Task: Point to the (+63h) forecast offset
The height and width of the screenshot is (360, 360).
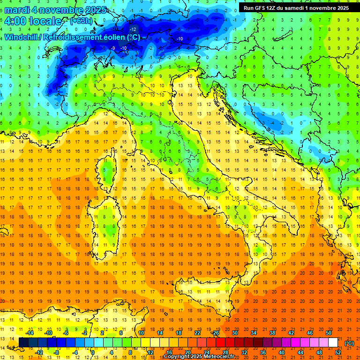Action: (x=81, y=21)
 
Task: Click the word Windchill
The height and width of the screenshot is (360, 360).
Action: (x=22, y=37)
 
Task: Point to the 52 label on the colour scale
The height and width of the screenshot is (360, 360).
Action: (x=338, y=352)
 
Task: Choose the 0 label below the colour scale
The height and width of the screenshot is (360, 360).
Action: (x=93, y=352)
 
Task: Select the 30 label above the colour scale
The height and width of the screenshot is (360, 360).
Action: (x=234, y=332)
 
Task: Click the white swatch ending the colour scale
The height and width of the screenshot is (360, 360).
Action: (x=333, y=343)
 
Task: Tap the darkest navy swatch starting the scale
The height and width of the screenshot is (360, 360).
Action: (x=23, y=343)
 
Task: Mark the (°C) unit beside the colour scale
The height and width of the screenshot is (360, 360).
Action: (x=349, y=343)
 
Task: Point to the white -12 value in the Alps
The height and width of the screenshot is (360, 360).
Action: (x=133, y=29)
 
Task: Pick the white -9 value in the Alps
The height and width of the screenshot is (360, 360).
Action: (x=113, y=48)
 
